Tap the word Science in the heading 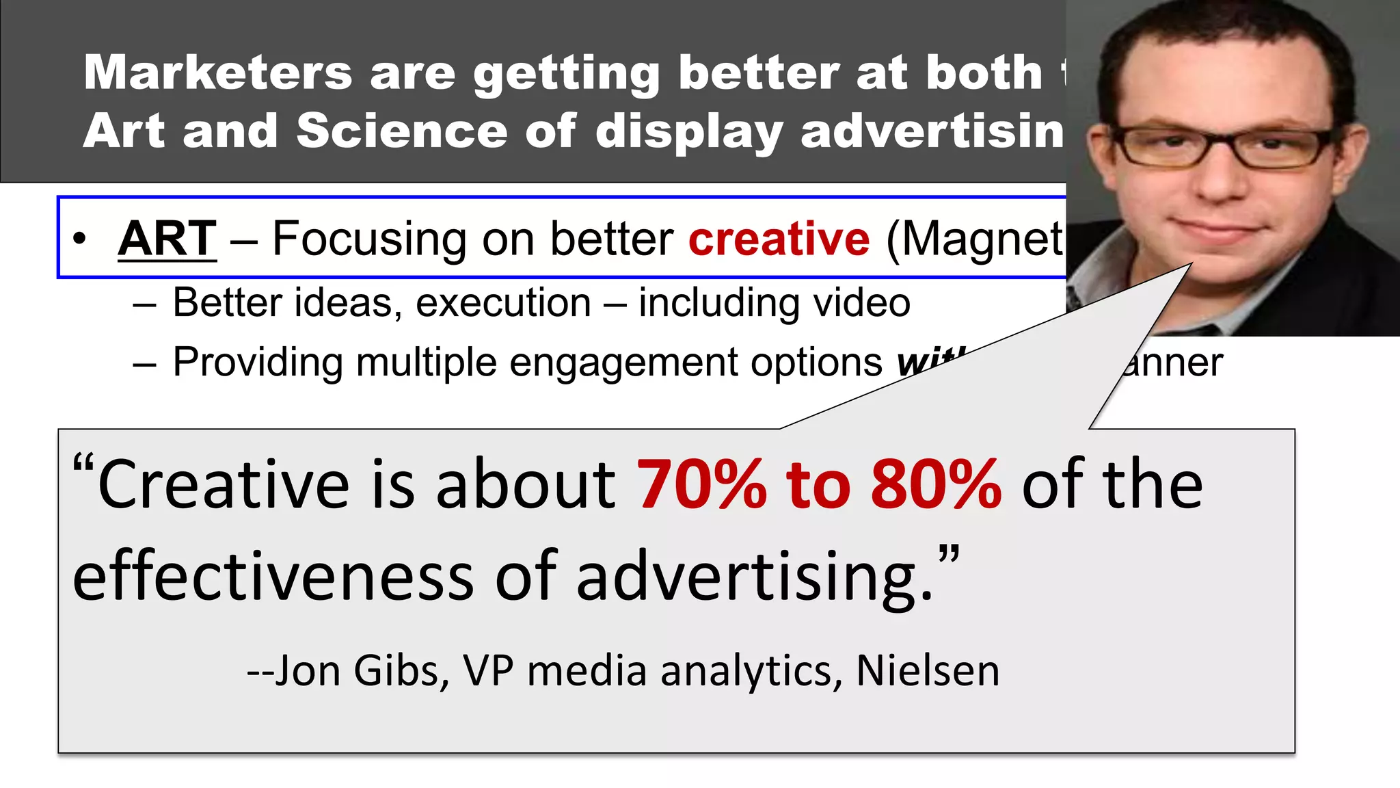tap(401, 131)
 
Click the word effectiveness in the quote tap(273, 576)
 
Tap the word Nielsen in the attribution tap(928, 670)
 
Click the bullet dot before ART tap(80, 239)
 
